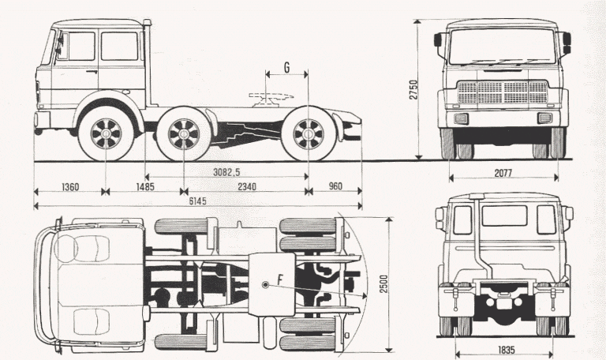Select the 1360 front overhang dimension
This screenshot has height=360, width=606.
point(69,187)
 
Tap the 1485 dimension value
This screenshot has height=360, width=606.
point(144,187)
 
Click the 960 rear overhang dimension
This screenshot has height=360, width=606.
point(335,187)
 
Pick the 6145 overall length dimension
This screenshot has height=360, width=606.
point(197,201)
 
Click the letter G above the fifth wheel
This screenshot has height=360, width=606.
point(286,69)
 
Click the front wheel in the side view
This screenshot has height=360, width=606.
point(105,133)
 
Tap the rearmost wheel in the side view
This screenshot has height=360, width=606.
point(307,133)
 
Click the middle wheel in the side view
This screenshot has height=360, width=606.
point(184,133)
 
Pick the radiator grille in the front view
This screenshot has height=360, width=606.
point(503,92)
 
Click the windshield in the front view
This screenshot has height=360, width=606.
point(503,47)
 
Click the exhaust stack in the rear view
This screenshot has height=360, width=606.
point(479,237)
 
